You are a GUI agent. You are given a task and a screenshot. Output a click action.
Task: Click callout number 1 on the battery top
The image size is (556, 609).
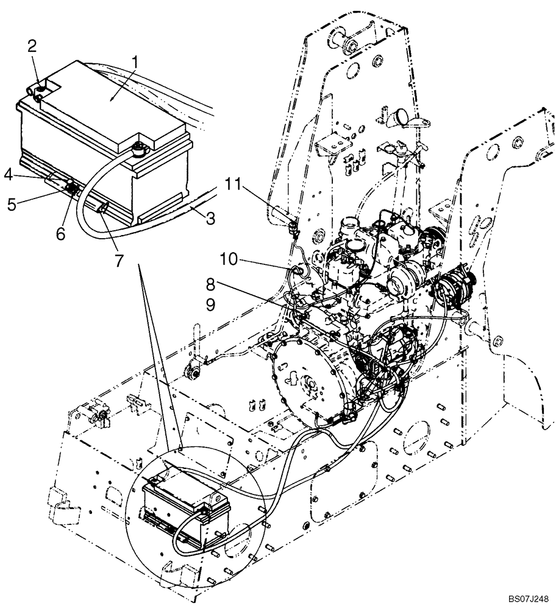coord(135,62)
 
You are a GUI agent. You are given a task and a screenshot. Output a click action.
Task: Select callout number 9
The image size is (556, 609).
coord(210,304)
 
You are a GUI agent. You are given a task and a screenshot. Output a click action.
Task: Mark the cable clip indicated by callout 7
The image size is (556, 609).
coord(102,209)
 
